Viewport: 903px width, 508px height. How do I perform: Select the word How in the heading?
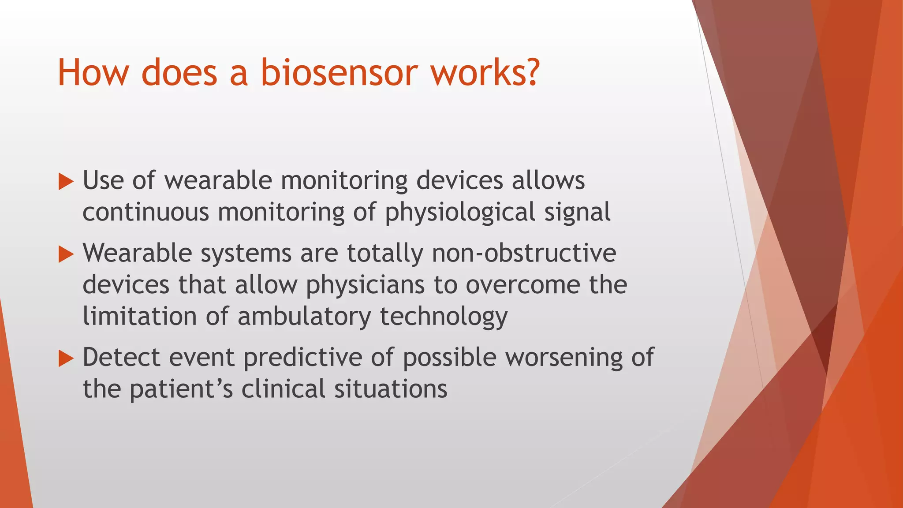(x=93, y=72)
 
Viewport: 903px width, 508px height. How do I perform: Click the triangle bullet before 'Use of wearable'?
(x=66, y=182)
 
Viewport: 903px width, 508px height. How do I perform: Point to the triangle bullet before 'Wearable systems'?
(x=66, y=254)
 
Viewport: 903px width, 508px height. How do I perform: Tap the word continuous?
(x=146, y=212)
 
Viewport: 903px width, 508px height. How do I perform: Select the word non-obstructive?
(x=524, y=254)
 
